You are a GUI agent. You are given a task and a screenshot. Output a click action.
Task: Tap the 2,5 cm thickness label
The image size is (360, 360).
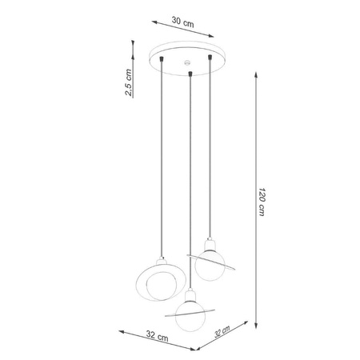(x=129, y=82)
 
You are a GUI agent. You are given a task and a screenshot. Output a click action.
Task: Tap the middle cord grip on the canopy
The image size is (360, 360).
(x=190, y=74)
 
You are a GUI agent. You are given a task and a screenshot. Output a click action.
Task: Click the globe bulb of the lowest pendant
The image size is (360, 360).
(x=189, y=315)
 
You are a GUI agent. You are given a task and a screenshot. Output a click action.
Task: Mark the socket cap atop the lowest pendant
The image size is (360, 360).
(x=188, y=295)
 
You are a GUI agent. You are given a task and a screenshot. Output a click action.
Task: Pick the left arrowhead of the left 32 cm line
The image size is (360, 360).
(x=120, y=331)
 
